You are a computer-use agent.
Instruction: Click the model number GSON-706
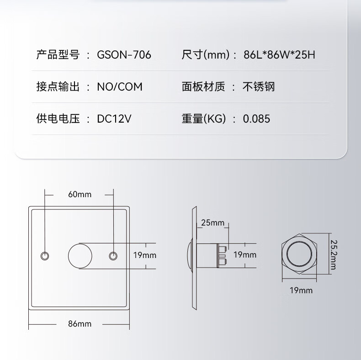124,55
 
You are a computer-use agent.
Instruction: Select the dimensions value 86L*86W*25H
280,55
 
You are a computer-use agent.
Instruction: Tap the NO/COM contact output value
120,87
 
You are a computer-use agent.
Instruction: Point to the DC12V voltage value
114,119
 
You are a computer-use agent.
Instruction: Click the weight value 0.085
256,119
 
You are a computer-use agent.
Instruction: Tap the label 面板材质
203,87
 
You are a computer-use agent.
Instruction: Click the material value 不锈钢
259,87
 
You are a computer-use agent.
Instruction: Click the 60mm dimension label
80,194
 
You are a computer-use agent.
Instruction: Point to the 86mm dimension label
80,324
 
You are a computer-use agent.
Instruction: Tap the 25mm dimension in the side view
212,223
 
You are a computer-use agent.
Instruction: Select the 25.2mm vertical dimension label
334,255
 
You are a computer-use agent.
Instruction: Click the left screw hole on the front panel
45,255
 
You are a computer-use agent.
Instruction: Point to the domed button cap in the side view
189,255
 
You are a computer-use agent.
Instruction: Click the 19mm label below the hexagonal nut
301,290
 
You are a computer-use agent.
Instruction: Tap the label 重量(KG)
203,119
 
